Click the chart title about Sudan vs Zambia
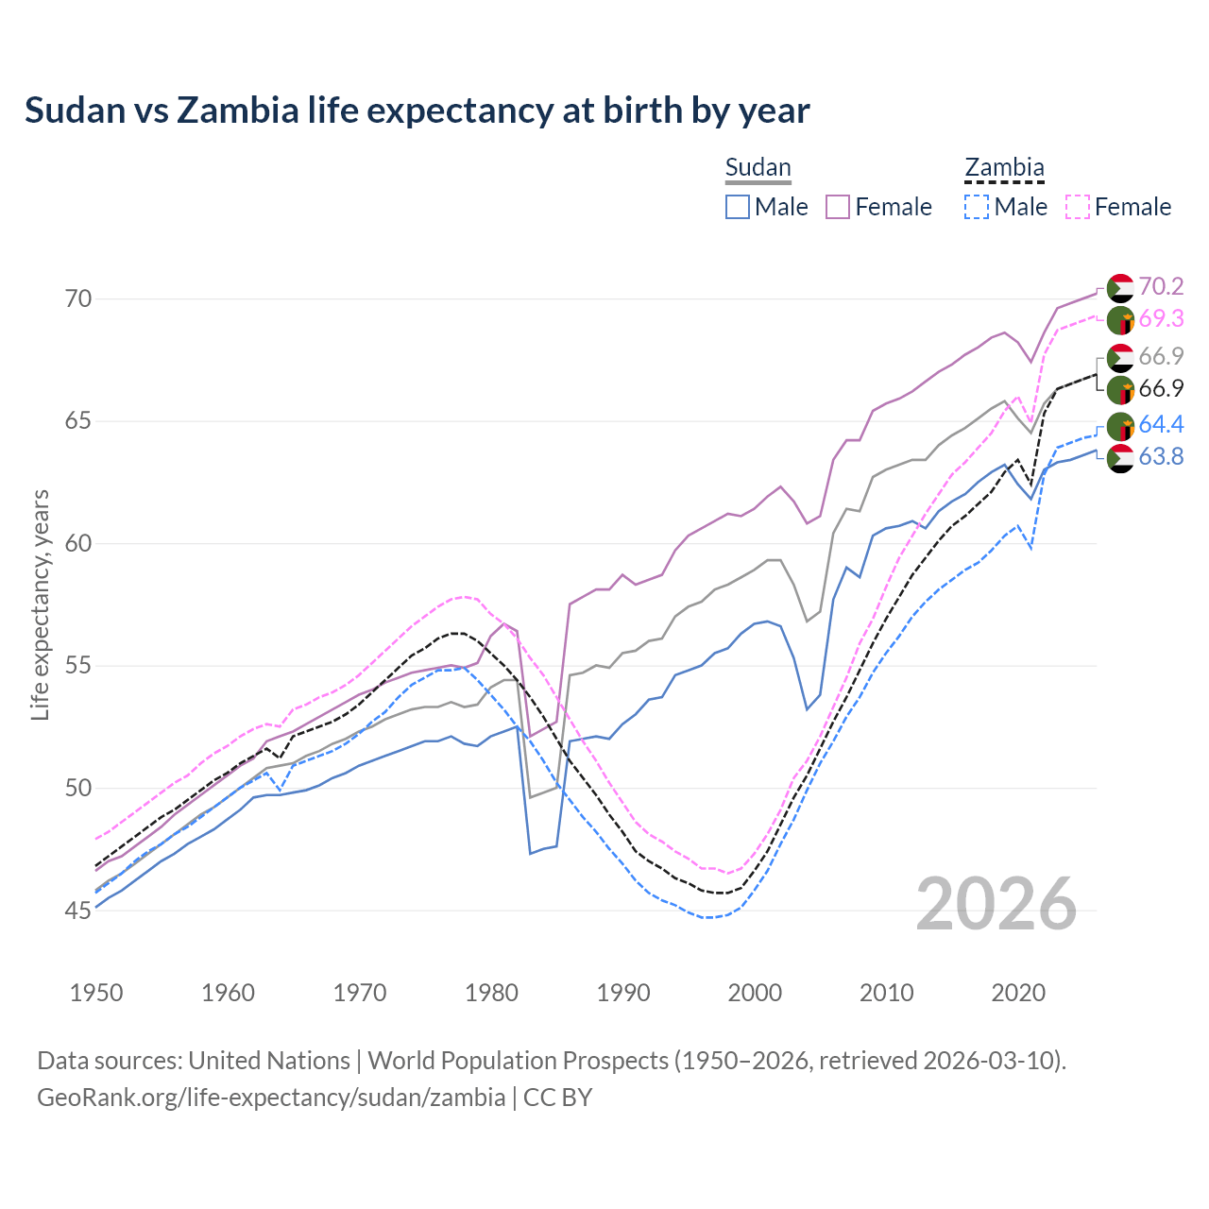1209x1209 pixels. pyautogui.click(x=417, y=111)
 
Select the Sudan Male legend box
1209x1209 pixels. pyautogui.click(x=738, y=207)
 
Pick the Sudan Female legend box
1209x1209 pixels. pyautogui.click(x=838, y=207)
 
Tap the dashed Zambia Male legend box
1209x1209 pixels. pyautogui.click(x=977, y=207)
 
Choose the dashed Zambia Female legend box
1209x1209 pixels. pyautogui.click(x=1078, y=207)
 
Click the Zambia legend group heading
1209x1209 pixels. pyautogui.click(x=1004, y=168)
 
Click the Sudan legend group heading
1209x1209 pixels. pyautogui.click(x=758, y=168)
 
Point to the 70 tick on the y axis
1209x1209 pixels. pyautogui.click(x=78, y=299)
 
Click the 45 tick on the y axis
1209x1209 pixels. pyautogui.click(x=78, y=911)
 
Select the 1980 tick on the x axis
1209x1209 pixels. pyautogui.click(x=492, y=993)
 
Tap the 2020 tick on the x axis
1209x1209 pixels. pyautogui.click(x=1018, y=993)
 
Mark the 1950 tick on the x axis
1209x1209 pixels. pyautogui.click(x=96, y=993)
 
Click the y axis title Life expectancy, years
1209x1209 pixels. pyautogui.click(x=40, y=604)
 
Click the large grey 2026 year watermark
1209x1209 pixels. pyautogui.click(x=996, y=904)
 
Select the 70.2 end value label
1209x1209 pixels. pyautogui.click(x=1161, y=286)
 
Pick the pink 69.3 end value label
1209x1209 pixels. pyautogui.click(x=1161, y=318)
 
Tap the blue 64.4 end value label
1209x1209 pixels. pyautogui.click(x=1161, y=425)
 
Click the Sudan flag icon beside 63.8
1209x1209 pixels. pyautogui.click(x=1120, y=458)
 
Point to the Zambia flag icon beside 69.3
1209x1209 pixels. pyautogui.click(x=1120, y=320)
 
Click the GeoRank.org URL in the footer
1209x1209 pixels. pyautogui.click(x=271, y=1098)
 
